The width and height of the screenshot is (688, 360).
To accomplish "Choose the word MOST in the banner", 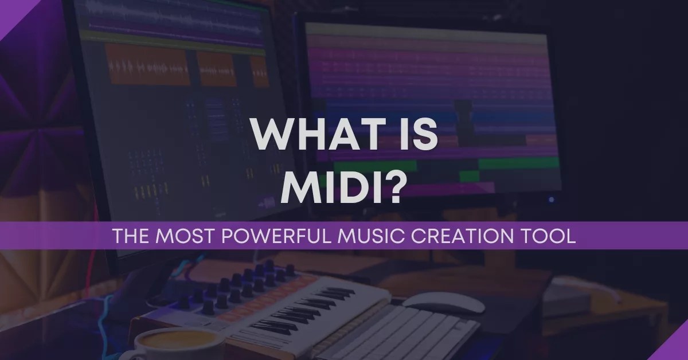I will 187,236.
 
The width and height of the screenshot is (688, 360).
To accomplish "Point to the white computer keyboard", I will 401,332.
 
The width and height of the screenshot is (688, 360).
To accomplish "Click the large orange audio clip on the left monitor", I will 147,66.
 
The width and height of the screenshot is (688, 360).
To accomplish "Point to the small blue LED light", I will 552,199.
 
